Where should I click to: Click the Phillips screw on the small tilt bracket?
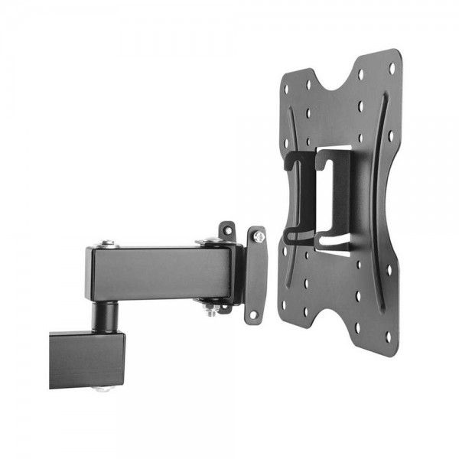259,238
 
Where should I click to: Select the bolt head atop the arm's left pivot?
106,244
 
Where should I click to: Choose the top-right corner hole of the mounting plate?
392,68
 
